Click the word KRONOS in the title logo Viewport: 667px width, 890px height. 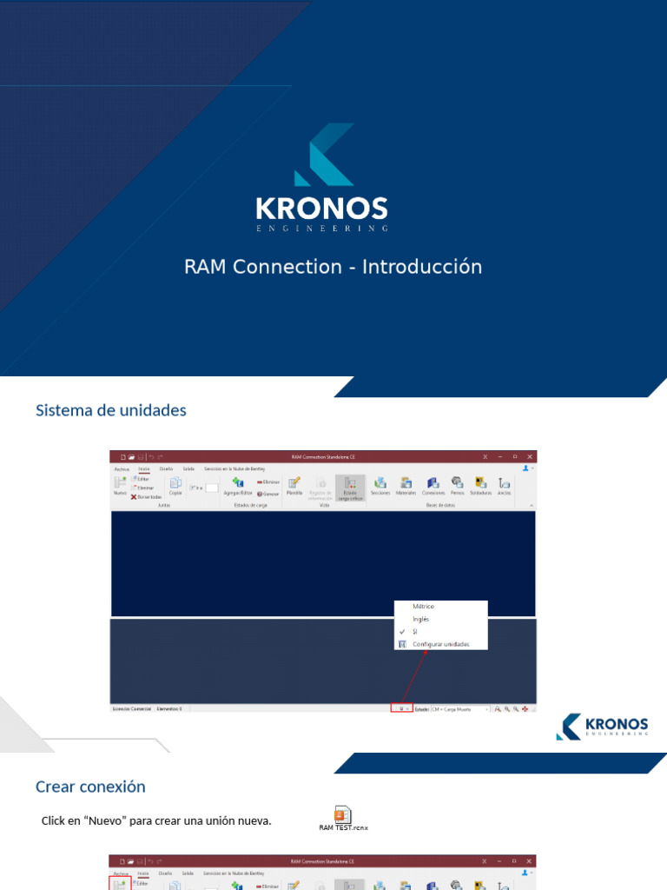point(321,209)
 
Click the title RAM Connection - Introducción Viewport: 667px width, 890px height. point(333,267)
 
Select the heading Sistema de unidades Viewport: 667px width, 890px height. point(111,410)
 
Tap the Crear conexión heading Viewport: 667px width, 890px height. point(90,787)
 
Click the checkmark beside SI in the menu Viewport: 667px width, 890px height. point(402,632)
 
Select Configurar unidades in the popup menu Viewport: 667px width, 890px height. point(440,644)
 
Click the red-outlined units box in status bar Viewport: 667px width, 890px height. point(401,709)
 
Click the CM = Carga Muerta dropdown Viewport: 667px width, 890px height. point(460,709)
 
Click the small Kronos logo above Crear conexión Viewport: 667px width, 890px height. point(602,727)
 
